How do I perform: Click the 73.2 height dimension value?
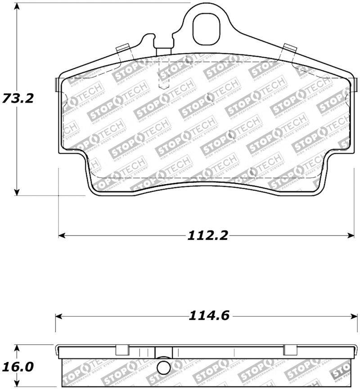click(x=18, y=98)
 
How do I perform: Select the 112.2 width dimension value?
click(x=208, y=235)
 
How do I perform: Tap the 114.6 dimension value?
click(x=208, y=316)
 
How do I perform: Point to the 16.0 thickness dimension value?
click(x=18, y=367)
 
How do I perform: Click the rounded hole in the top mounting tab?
click(x=207, y=28)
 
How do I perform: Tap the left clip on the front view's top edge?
click(x=123, y=49)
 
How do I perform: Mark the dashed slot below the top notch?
click(x=163, y=74)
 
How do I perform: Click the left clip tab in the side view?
click(x=122, y=350)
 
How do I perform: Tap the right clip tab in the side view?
click(x=291, y=350)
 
